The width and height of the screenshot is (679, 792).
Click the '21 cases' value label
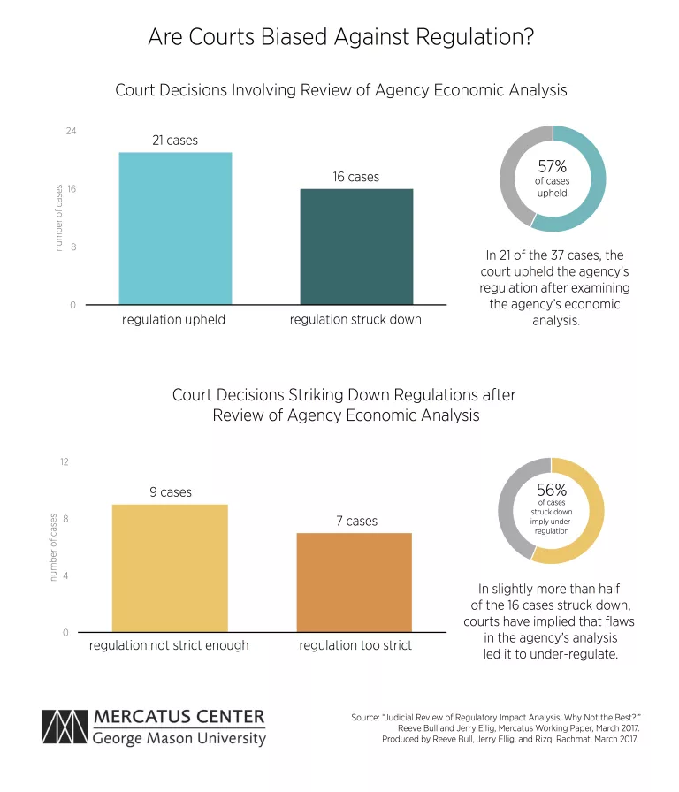point(175,141)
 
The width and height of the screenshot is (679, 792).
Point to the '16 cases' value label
point(355,177)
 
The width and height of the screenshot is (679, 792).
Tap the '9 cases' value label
point(170,492)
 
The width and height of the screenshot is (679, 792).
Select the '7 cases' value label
point(356,522)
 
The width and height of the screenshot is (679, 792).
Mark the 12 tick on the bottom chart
point(64,462)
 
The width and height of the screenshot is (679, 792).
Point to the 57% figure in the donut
point(553,166)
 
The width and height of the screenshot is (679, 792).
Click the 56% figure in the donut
point(552,489)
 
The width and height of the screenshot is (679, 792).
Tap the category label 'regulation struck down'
point(355,319)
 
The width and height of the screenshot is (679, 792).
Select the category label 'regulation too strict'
point(355,645)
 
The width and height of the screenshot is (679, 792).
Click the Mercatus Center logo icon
point(64,727)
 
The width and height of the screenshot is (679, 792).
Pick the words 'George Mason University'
point(179,738)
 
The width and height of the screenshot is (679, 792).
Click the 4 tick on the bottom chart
point(65,575)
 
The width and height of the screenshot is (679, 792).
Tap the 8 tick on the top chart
point(72,247)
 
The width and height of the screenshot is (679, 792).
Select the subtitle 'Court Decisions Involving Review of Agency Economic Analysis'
point(340,90)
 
